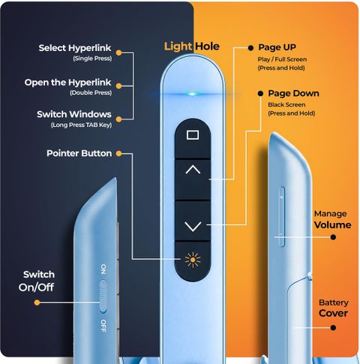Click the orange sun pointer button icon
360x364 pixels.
[x=193, y=260]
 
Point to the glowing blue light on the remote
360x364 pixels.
[x=192, y=94]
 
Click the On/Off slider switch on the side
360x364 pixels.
[x=103, y=297]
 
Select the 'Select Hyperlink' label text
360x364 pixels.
[x=75, y=48]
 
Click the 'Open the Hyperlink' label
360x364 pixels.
[x=67, y=83]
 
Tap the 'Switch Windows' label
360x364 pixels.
[x=74, y=114]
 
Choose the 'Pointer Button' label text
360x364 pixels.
[x=79, y=153]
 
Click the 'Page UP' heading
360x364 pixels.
[x=277, y=47]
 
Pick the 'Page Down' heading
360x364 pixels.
[x=293, y=93]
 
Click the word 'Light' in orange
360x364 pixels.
[x=178, y=47]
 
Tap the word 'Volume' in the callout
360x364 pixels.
[x=332, y=224]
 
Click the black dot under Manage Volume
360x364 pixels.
[x=333, y=237]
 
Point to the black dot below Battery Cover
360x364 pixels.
[x=333, y=328]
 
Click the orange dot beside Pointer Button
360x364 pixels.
[x=119, y=153]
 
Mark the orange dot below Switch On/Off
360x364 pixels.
[x=37, y=302]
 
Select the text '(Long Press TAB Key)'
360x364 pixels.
[x=81, y=125]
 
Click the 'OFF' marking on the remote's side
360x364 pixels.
[x=103, y=326]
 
